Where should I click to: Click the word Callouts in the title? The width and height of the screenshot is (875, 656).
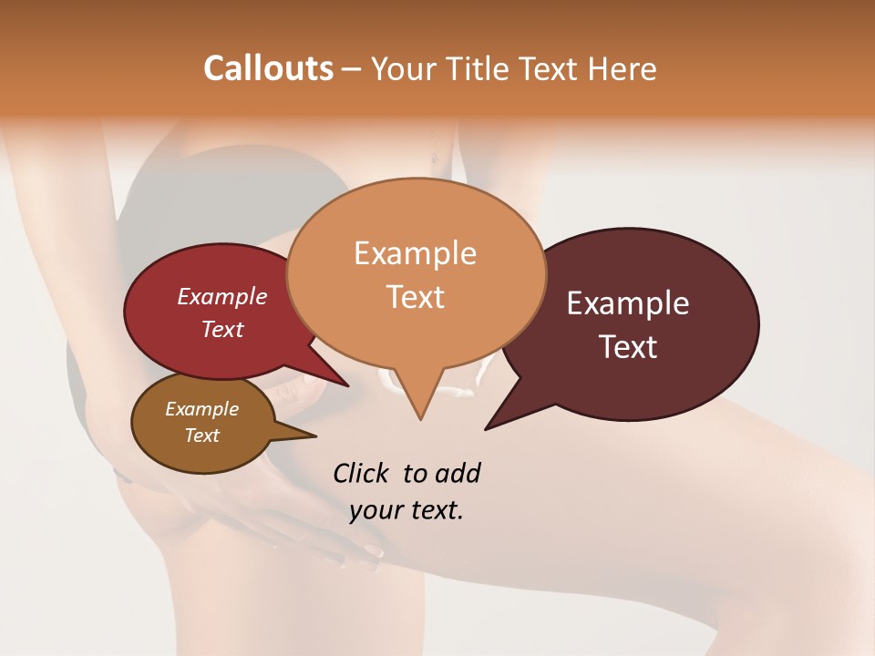[268, 68]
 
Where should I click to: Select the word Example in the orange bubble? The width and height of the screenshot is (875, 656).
[415, 253]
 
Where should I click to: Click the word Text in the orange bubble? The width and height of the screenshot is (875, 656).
[415, 297]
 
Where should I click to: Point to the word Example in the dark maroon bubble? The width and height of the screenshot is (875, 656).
[628, 303]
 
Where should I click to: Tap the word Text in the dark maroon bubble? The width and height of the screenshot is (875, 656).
[628, 347]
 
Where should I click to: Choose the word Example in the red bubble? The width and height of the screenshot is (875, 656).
[221, 297]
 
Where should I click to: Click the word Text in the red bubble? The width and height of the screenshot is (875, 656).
[221, 329]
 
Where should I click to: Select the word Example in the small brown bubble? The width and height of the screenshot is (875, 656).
[201, 409]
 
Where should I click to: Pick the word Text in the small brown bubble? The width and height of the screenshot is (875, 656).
[201, 436]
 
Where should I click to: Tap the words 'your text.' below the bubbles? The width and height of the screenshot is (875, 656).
[407, 510]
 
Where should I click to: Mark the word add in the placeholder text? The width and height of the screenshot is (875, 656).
[458, 473]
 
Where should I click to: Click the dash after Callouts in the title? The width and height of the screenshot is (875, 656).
[352, 68]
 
